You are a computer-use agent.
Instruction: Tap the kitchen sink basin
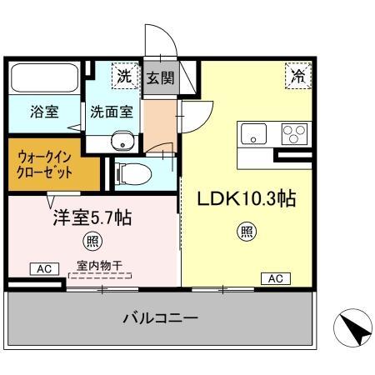tap(255, 132)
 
